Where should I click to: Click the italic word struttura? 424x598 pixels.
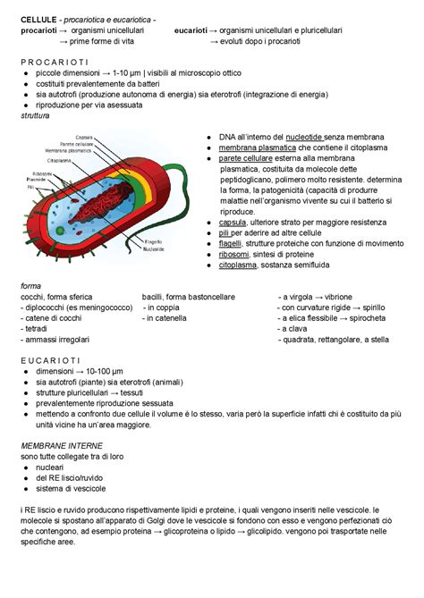tap(36, 115)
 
